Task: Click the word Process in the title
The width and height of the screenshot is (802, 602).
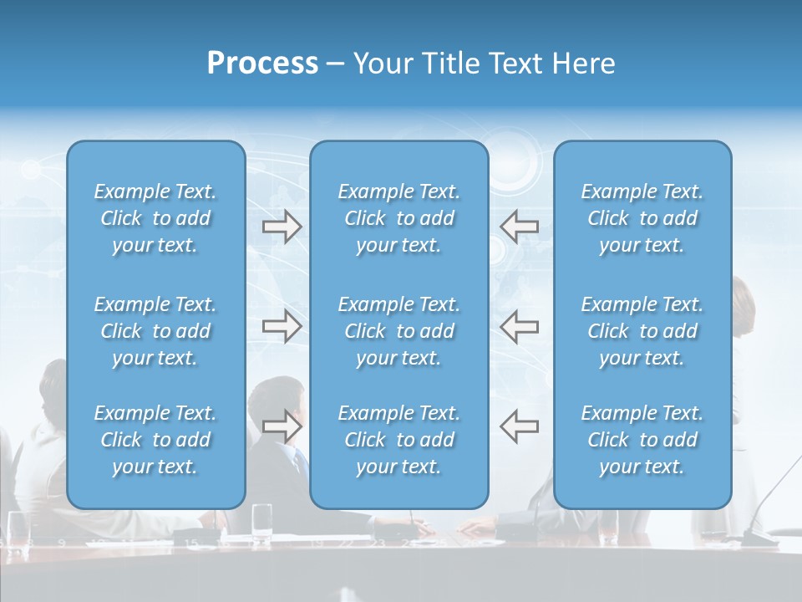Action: point(262,64)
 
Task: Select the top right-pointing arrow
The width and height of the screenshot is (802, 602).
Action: point(282,227)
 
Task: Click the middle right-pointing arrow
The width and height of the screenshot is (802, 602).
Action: point(282,326)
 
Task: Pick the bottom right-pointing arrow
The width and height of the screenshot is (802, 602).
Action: point(282,426)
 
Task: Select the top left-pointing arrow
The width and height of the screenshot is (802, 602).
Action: point(519,227)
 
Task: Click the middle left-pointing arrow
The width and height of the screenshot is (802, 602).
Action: point(519,326)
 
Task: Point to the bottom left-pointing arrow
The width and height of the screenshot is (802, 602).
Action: point(519,426)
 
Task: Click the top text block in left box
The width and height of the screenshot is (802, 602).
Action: point(155,218)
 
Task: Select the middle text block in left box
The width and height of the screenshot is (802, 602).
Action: point(155,331)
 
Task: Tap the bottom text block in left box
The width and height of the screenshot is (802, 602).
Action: point(155,440)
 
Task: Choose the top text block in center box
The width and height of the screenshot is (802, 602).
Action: point(398,218)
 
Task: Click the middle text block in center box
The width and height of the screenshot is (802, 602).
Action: point(398,331)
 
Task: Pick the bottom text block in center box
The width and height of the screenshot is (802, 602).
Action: point(398,440)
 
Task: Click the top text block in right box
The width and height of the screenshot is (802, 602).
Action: point(642,218)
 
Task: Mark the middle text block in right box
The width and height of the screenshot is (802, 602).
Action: point(642,331)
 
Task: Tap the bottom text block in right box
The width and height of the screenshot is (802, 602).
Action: point(642,440)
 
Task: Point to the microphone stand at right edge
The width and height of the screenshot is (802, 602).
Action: point(773,493)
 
